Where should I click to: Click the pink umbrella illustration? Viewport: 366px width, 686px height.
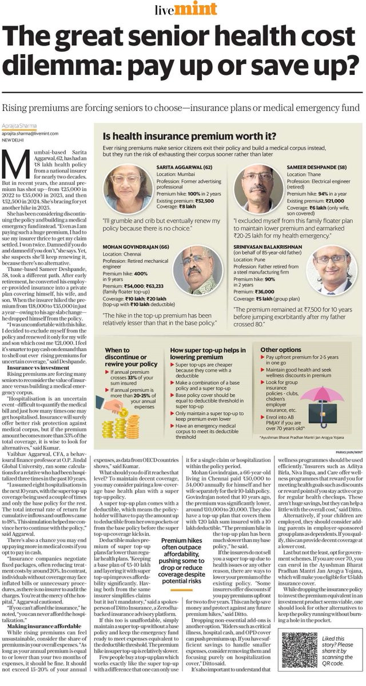tap(340, 394)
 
